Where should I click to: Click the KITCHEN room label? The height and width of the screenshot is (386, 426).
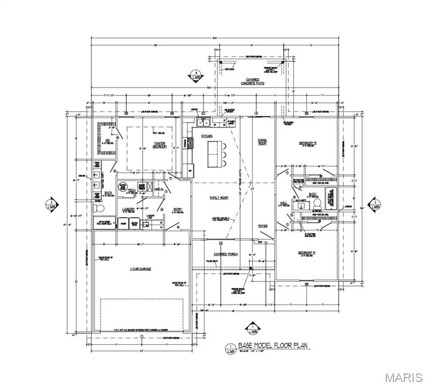click(x=207, y=136)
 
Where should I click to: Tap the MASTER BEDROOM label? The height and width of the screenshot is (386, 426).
click(x=160, y=145)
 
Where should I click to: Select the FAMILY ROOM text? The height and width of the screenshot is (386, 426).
click(x=219, y=198)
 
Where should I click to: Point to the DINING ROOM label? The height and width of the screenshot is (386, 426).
click(x=262, y=142)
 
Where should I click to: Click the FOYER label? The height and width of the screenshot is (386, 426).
click(x=262, y=226)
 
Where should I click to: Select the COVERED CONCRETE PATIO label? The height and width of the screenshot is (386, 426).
click(x=252, y=82)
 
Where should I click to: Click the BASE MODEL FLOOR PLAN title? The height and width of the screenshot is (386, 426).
click(x=274, y=345)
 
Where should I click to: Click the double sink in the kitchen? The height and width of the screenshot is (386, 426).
click(x=204, y=122)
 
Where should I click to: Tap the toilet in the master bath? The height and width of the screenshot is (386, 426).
click(x=98, y=209)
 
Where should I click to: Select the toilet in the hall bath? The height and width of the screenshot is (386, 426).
click(x=317, y=204)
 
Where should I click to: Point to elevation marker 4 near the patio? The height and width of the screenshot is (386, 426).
click(x=196, y=76)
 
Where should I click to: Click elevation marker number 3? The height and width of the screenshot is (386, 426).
click(x=53, y=205)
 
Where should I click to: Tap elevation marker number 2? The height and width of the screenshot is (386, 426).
click(x=374, y=205)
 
